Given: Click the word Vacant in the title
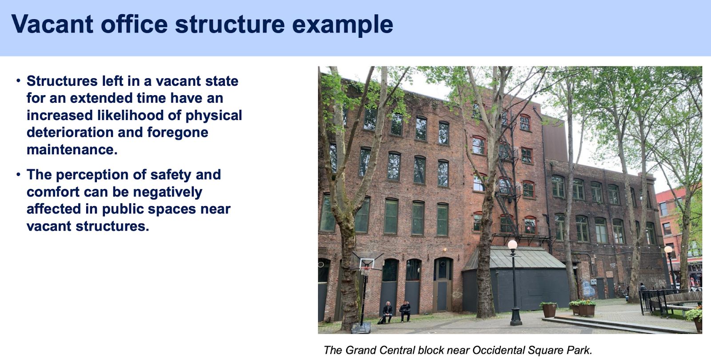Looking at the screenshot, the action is coord(52,24).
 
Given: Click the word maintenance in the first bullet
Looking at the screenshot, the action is coord(72,149).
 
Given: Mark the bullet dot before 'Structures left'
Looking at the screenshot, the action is coord(18,80).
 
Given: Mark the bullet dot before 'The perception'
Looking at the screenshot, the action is coord(18,174).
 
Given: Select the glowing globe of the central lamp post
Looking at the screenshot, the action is coord(513,245).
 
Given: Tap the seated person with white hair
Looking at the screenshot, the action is coord(387,312).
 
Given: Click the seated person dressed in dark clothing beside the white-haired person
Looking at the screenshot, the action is coord(405,312).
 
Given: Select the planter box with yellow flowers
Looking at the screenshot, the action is coord(584,308).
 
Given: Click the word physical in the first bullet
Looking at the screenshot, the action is coord(214,116).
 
